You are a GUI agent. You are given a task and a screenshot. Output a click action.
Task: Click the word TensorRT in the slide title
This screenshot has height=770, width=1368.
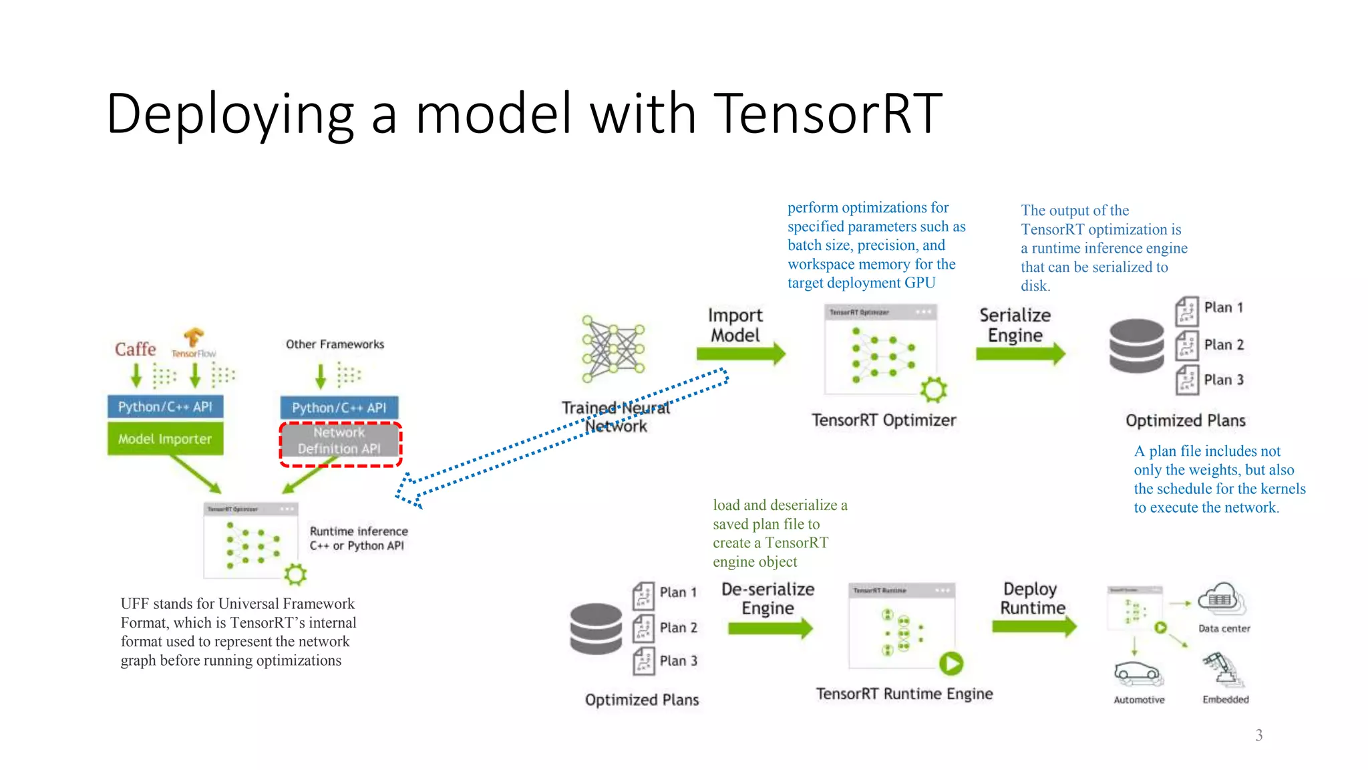828,114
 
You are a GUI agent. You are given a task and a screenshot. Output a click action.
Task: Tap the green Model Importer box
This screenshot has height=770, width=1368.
165,438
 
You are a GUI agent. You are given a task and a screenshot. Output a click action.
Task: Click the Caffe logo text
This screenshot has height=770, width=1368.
135,349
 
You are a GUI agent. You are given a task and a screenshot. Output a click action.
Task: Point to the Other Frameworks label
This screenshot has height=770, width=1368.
335,344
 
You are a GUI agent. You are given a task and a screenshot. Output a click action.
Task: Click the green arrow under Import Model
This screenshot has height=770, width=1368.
740,354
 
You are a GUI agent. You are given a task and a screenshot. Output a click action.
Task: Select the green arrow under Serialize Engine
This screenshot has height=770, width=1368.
1020,353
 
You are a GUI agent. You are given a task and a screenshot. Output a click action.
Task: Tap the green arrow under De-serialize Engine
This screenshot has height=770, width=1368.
770,628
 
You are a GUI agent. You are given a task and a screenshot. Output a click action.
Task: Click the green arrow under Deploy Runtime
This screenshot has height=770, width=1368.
1034,626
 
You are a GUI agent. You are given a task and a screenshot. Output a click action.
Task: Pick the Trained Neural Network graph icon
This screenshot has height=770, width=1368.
613,349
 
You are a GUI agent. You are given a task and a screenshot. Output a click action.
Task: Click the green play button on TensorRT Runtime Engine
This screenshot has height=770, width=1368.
951,663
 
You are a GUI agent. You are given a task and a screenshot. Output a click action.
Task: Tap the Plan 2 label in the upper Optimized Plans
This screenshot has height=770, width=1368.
1224,345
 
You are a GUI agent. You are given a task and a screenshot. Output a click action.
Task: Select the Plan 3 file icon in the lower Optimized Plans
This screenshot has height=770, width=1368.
644,661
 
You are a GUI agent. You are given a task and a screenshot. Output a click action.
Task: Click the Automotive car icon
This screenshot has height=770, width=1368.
1138,674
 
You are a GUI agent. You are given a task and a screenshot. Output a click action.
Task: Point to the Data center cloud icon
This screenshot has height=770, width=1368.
1222,598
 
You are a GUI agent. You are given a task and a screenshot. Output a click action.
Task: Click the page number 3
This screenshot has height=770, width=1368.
1258,735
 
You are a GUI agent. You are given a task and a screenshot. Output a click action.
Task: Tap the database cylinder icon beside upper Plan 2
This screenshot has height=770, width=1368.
1136,346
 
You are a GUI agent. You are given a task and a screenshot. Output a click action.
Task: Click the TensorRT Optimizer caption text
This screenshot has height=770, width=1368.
884,420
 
